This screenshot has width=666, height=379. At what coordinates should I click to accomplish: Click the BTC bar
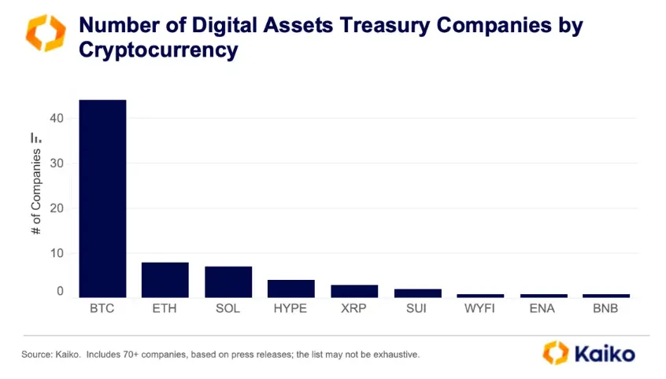102,198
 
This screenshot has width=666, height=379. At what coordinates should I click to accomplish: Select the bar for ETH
165,280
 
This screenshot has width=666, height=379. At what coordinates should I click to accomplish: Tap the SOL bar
228,281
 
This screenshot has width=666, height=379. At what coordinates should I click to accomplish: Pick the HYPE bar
291,289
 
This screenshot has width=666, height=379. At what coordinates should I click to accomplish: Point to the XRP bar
354,291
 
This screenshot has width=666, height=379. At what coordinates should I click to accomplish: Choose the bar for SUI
417,293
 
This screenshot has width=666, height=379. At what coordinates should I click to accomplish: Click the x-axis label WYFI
480,308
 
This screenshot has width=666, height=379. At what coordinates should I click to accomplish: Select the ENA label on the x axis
543,308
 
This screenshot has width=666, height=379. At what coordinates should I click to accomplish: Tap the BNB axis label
606,308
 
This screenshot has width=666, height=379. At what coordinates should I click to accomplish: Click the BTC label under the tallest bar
102,308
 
